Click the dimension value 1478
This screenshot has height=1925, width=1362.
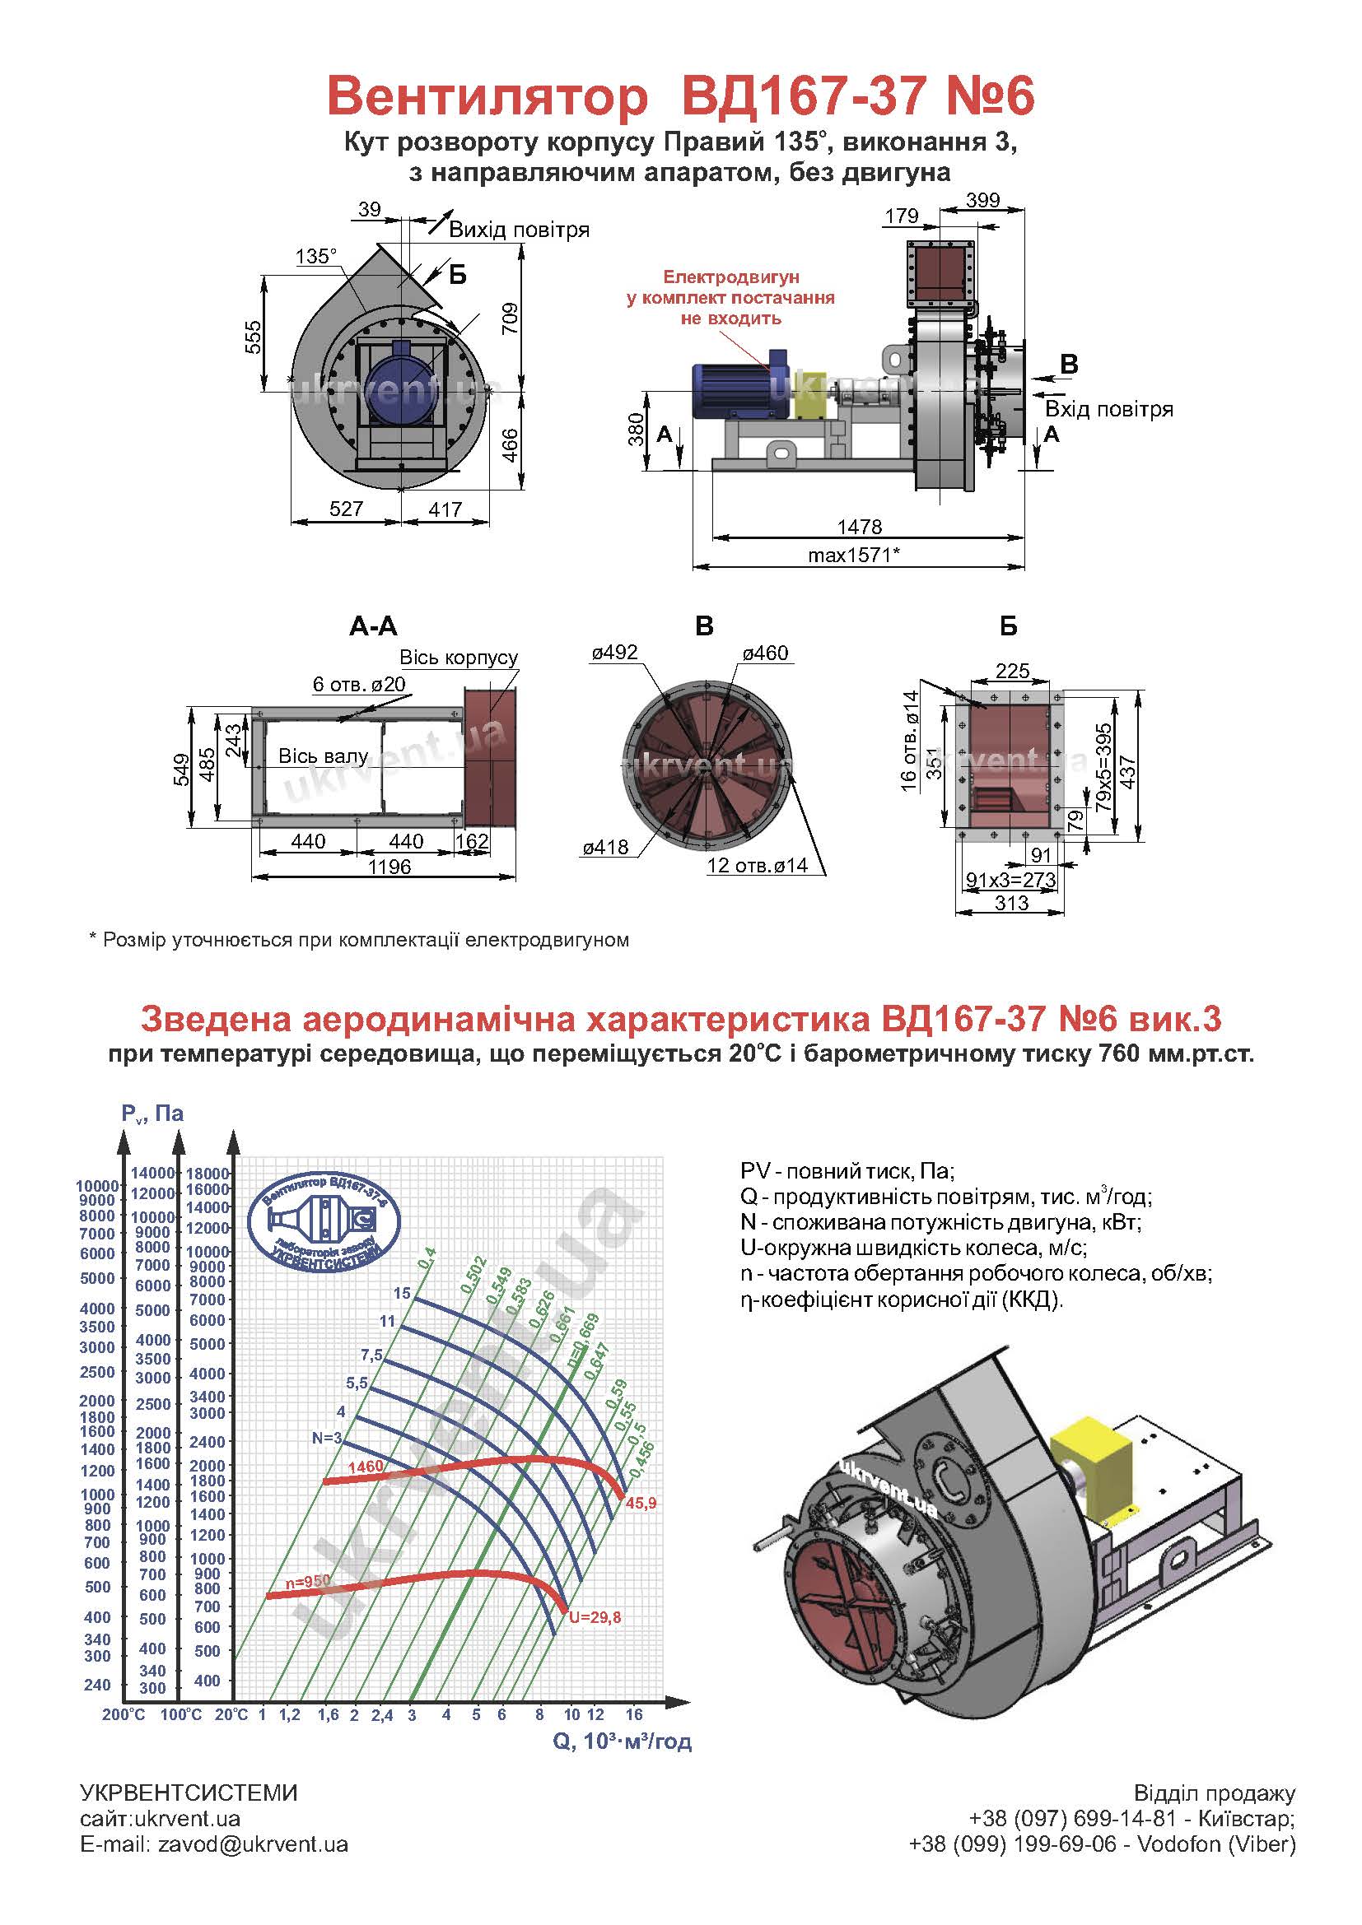click(860, 526)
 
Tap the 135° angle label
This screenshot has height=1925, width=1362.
click(316, 256)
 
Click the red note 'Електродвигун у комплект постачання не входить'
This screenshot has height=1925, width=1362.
click(730, 297)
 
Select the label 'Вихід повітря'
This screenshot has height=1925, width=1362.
click(519, 230)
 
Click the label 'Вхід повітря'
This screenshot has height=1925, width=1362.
click(1108, 409)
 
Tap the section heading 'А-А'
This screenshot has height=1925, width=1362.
click(373, 625)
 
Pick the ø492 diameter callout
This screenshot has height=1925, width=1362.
click(615, 653)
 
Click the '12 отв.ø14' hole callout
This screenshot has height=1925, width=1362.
click(758, 865)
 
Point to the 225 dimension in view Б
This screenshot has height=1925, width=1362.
click(1012, 670)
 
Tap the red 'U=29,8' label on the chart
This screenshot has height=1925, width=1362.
click(595, 1617)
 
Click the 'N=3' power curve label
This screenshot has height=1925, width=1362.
click(326, 1438)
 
